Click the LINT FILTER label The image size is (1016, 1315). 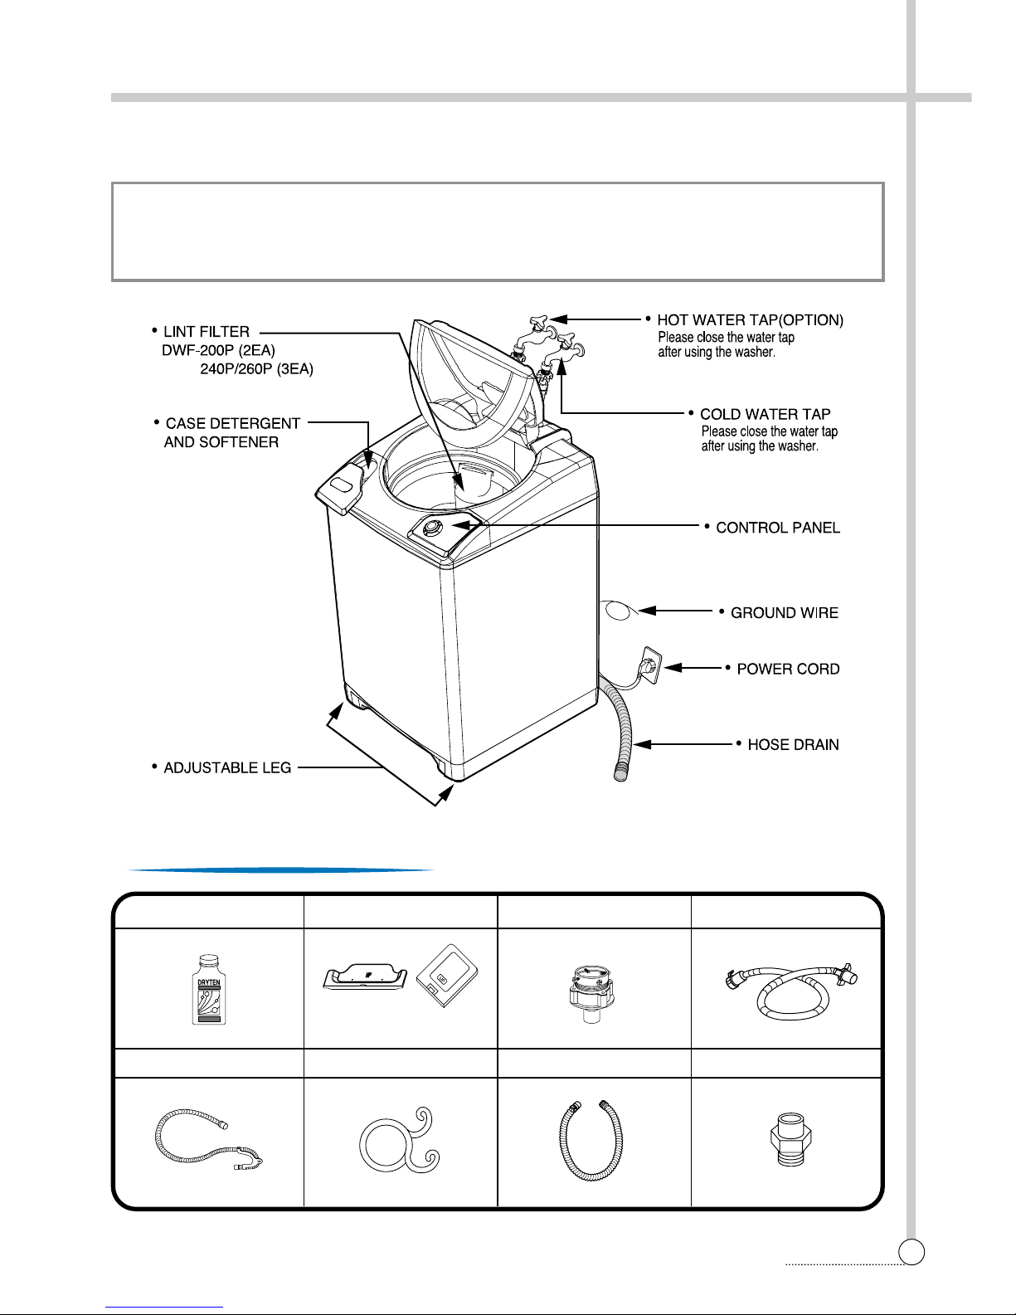(207, 332)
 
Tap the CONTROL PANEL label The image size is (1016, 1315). (778, 528)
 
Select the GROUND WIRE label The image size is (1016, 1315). (785, 613)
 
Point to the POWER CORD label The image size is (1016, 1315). (788, 669)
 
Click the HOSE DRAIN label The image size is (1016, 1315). (794, 744)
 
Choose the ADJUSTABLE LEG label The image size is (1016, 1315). (227, 767)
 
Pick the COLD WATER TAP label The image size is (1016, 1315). (765, 414)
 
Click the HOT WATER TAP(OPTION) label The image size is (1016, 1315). (750, 319)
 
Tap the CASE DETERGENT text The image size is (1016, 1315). (233, 423)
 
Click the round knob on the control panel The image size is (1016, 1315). (430, 528)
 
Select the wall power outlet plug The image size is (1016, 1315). (651, 665)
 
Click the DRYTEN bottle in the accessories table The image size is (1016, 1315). (209, 990)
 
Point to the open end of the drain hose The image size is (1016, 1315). (620, 773)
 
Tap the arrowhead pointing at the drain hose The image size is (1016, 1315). (641, 743)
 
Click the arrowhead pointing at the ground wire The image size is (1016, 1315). (647, 611)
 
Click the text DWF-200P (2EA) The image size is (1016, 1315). (218, 350)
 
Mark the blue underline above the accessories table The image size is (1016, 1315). (281, 870)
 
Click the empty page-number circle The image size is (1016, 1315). (911, 1251)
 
